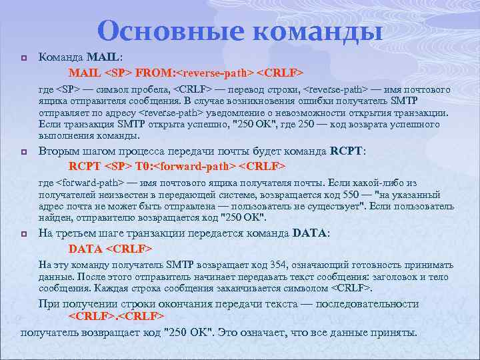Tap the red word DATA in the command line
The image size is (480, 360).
85,249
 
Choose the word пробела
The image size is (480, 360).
151,90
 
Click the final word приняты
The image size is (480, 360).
393,332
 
